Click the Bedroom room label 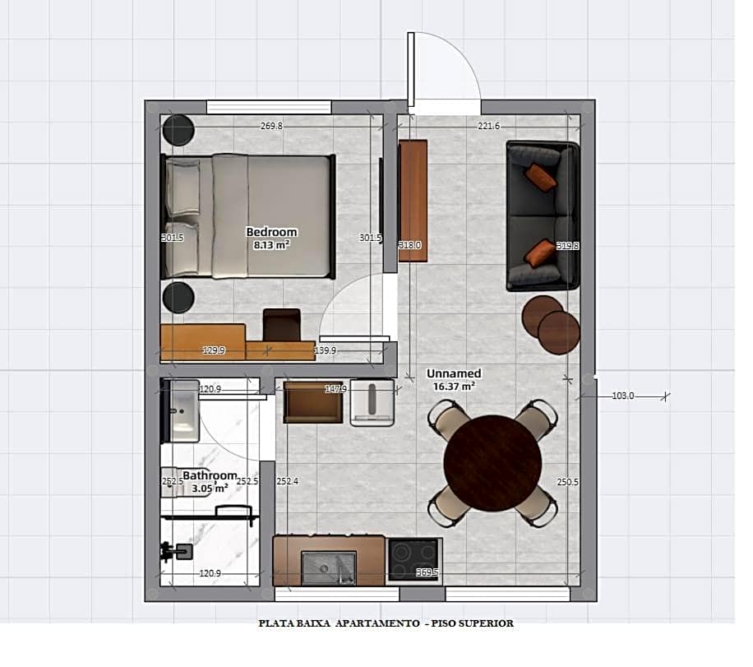tap(271, 232)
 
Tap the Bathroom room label tap(210, 475)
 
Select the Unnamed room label tap(454, 373)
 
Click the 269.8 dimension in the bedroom tap(271, 126)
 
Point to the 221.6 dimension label tap(488, 126)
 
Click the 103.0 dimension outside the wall tap(623, 396)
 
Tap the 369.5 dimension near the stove tap(426, 572)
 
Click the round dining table tap(492, 463)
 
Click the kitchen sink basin tap(328, 566)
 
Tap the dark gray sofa tap(542, 216)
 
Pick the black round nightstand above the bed tap(178, 130)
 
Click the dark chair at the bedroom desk tap(281, 324)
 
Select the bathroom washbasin tap(183, 410)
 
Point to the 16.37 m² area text tap(454, 385)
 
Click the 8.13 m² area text tap(271, 244)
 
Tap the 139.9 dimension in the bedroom tap(326, 351)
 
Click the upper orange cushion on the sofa tap(542, 176)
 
